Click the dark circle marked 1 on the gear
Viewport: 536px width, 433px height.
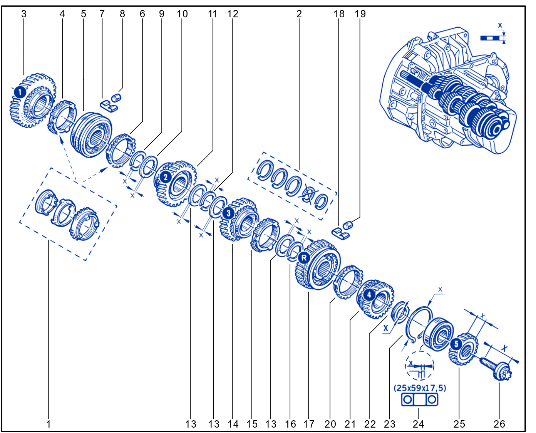(20, 92)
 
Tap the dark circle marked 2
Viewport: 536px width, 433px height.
(165, 177)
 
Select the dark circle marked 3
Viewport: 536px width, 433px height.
(228, 213)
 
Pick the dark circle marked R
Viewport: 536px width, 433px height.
(304, 258)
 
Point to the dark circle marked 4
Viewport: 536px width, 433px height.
(369, 295)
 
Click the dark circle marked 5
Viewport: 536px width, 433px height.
(456, 344)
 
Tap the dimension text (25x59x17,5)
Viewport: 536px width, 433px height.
(420, 388)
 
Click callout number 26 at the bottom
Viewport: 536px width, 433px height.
(499, 425)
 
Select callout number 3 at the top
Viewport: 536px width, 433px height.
(24, 14)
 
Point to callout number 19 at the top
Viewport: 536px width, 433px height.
(360, 14)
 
